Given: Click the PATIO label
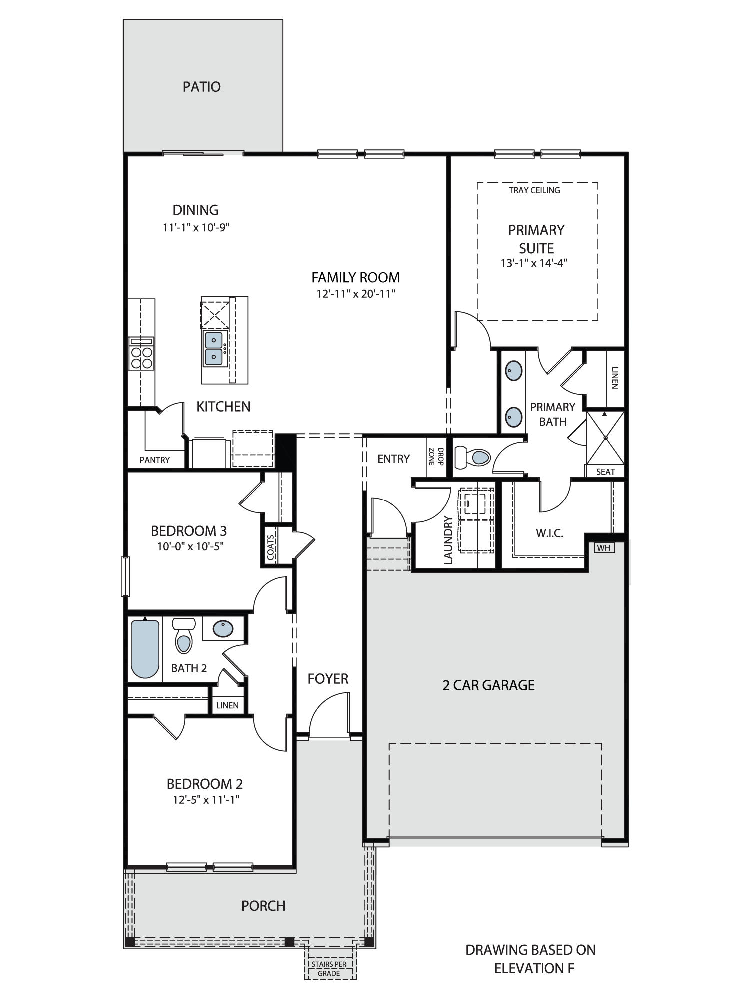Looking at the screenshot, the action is coord(202,87).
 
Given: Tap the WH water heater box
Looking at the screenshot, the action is coord(603,548).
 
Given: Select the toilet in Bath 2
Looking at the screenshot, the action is coord(183,635).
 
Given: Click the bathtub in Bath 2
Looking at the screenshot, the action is coord(145,648).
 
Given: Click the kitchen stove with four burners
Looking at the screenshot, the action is coord(141,354).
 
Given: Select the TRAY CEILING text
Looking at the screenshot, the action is coord(534,190).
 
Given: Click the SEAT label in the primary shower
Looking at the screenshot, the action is coord(605,472).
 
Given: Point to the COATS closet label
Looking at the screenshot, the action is coord(271,547).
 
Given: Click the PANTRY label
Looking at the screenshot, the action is coord(155,460).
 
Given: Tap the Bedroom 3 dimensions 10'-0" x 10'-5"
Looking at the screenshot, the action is coord(190,546).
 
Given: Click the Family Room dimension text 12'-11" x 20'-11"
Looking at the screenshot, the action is coord(356,294).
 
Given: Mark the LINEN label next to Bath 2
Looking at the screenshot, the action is coord(227,705).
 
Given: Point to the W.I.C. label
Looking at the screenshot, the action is coord(550,533).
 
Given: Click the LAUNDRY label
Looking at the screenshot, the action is coord(448,540).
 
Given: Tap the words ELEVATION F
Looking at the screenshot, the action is coord(534,968).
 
